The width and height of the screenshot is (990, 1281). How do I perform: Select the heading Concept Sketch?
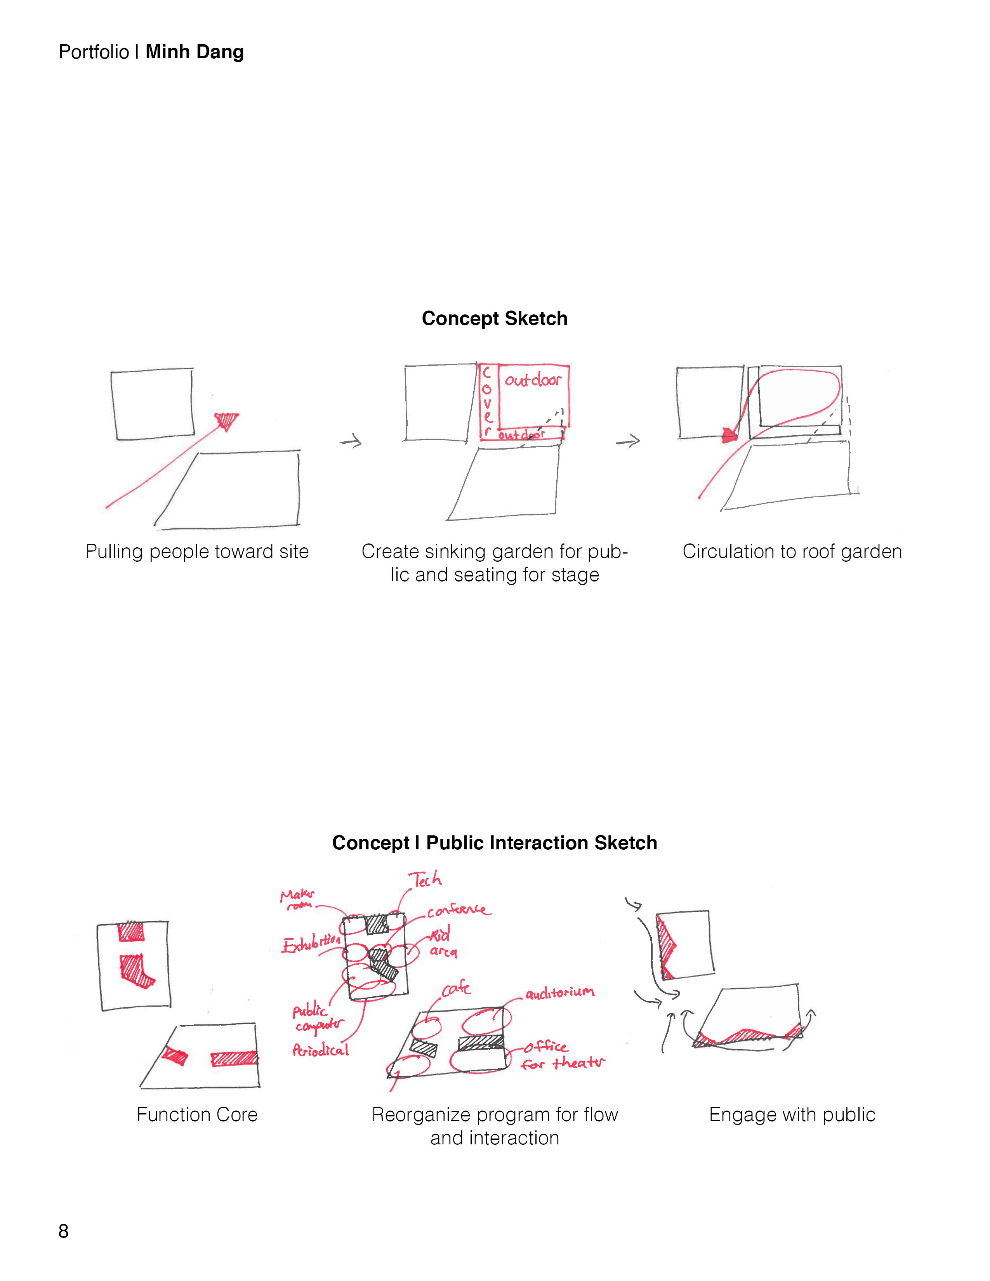click(494, 318)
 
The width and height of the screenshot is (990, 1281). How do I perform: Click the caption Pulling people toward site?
click(197, 551)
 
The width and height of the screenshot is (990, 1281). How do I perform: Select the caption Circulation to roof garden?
click(792, 551)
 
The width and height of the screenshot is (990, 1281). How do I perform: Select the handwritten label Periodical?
click(320, 1050)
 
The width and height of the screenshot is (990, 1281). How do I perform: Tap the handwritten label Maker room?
click(298, 899)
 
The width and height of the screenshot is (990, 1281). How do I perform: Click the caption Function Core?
click(197, 1114)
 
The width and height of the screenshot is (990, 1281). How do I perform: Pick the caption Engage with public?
click(792, 1114)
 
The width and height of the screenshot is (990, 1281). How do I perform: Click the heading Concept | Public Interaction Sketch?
click(494, 843)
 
